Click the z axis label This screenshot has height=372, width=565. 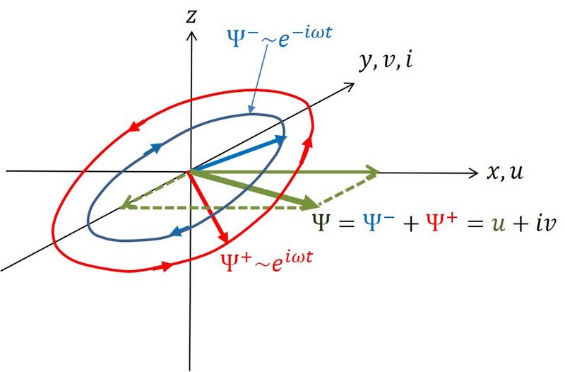pos(190,16)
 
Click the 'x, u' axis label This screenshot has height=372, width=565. pos(505,172)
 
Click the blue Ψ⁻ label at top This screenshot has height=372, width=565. pos(268,37)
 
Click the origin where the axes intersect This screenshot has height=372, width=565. pos(190,171)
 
